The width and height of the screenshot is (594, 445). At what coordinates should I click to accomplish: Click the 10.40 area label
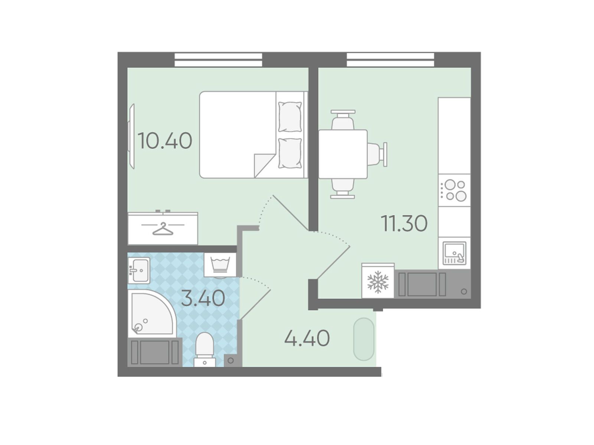[165, 141]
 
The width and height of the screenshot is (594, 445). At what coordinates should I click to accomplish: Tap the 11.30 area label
[404, 223]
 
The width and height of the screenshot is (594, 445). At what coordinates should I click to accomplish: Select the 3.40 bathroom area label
[203, 298]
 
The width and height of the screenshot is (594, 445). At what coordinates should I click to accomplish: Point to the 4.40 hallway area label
[307, 338]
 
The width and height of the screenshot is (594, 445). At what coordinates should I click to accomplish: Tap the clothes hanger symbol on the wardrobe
[163, 229]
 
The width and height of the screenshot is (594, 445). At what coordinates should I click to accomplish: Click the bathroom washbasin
[138, 270]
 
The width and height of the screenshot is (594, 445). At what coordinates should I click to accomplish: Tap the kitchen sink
[454, 253]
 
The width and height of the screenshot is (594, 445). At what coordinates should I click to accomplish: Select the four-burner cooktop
[454, 190]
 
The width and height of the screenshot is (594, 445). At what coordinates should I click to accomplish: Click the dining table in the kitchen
[343, 154]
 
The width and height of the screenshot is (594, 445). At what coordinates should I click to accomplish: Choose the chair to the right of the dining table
[377, 154]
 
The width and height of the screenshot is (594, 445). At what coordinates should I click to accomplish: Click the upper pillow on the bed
[290, 117]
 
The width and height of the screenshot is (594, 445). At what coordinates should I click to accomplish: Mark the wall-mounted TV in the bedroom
[131, 136]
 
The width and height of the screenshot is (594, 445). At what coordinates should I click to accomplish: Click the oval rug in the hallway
[364, 339]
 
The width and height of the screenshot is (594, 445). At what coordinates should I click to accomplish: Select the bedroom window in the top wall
[218, 60]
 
